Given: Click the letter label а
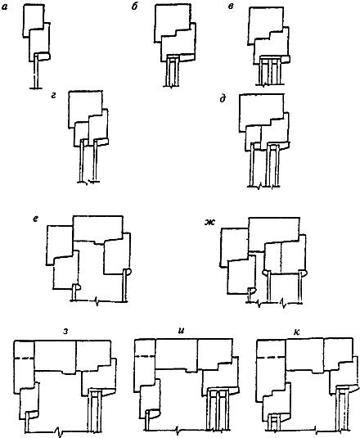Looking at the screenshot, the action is [4, 7].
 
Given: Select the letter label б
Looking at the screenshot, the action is [134, 7].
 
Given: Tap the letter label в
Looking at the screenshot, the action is [231, 7].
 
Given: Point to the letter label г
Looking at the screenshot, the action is [53, 96].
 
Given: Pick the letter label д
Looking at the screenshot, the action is [223, 99].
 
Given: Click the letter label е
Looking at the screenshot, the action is [35, 219].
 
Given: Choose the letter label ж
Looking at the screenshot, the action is [209, 223].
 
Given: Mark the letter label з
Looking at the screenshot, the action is [65, 332].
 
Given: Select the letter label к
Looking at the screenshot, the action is [297, 332].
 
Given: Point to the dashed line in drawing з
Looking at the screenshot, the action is [25, 358].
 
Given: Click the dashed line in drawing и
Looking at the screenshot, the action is [145, 356].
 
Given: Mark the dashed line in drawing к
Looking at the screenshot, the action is [268, 357].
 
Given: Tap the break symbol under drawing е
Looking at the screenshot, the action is [97, 301].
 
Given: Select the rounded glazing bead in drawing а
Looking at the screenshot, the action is [44, 56].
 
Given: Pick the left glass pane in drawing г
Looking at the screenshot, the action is [82, 160].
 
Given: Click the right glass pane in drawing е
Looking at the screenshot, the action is [124, 286].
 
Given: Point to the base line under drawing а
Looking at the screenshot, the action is [36, 88].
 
